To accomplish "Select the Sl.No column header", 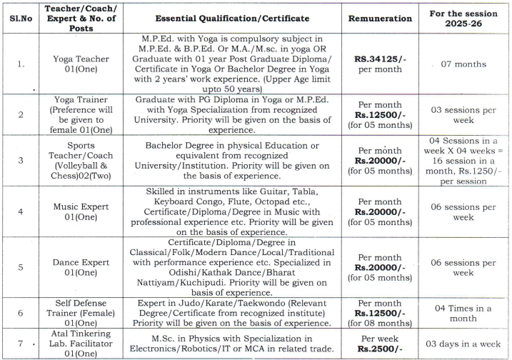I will click(20, 19).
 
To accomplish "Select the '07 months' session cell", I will click(464, 64).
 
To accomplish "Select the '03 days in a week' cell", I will click(464, 343).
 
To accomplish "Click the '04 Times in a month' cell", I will click(464, 312).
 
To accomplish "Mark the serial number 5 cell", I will click(20, 268).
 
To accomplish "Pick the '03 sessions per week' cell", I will click(464, 115).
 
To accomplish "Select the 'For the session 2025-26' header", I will click(464, 19).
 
